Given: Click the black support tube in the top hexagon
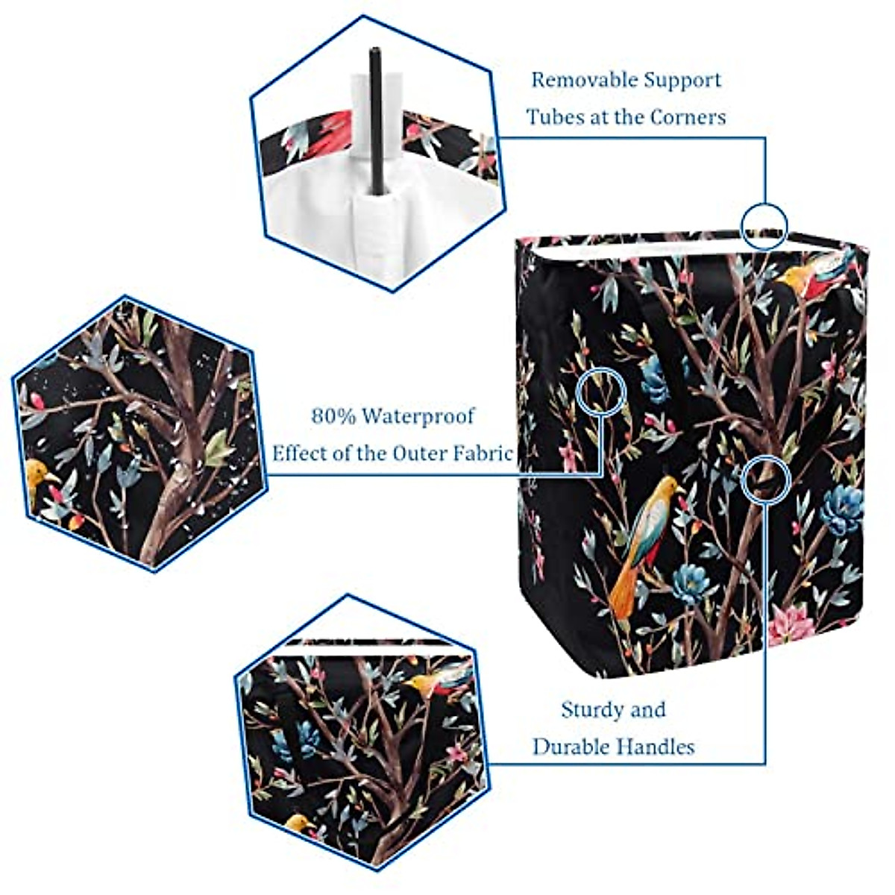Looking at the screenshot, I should pos(376,119).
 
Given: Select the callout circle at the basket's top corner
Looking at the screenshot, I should pos(764,224).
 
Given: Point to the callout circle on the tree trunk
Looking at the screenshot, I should pos(765,478).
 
